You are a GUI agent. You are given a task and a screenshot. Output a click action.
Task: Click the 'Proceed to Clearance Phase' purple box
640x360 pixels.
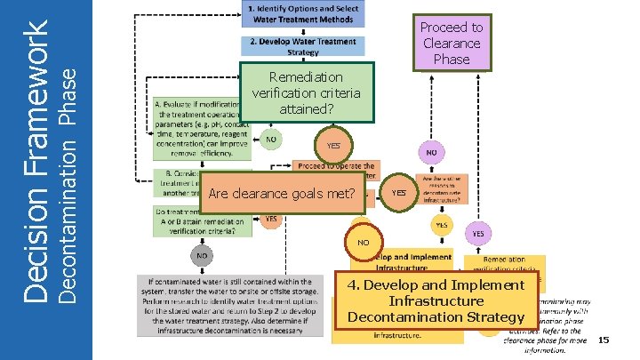(x=452, y=42)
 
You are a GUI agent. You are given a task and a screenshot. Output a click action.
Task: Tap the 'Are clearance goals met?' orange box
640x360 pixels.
(x=281, y=194)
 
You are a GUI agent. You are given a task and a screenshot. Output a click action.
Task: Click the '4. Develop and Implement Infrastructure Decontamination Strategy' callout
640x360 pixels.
(x=436, y=301)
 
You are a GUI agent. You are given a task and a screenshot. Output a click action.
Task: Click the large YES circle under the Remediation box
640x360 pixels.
(x=333, y=145)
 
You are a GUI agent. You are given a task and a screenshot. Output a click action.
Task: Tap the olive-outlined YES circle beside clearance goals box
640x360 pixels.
(x=399, y=191)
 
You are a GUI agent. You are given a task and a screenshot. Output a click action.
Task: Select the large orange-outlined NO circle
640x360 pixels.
(x=363, y=241)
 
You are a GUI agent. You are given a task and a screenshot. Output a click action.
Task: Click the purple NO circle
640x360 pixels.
(x=430, y=153)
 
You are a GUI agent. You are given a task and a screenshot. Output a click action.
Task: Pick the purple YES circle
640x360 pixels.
(x=477, y=234)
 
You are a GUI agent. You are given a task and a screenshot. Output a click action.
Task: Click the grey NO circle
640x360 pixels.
(x=202, y=255)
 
